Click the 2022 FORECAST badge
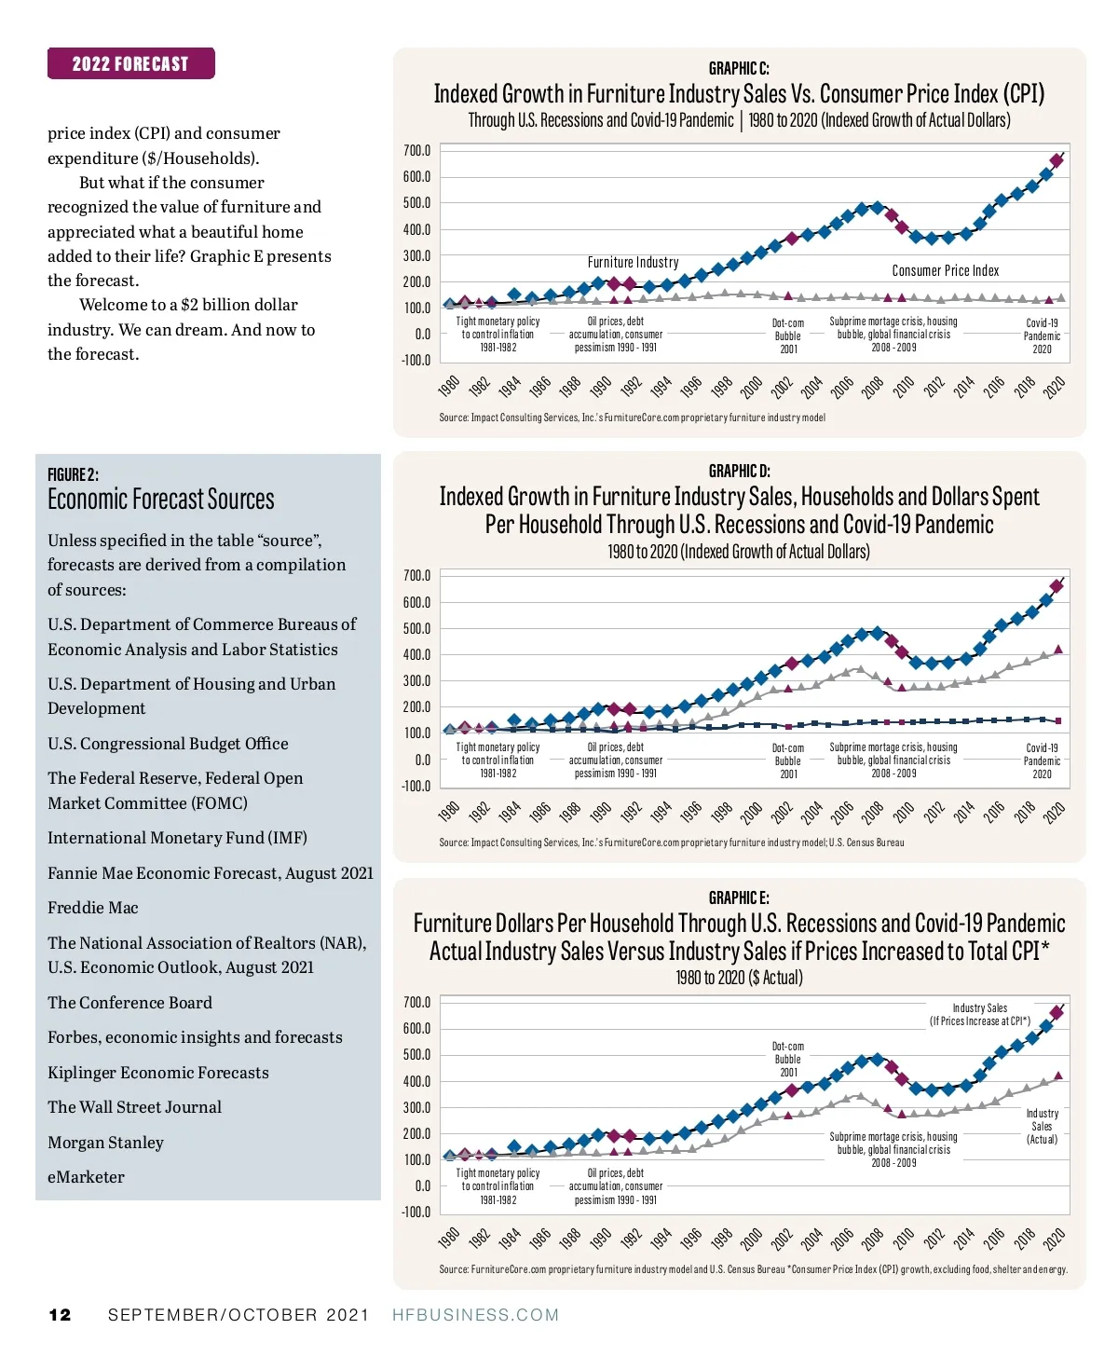(x=130, y=63)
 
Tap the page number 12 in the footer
(x=60, y=1315)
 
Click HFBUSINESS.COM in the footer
(x=475, y=1315)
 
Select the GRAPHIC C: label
(x=739, y=68)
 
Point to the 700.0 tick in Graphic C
(x=416, y=150)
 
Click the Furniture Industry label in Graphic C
(x=633, y=263)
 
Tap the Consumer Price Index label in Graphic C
(x=945, y=270)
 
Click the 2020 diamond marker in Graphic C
(x=1057, y=160)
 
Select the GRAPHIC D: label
(x=739, y=471)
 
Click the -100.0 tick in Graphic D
(x=416, y=786)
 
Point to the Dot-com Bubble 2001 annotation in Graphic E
(x=788, y=1060)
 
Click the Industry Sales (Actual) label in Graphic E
(x=1042, y=1126)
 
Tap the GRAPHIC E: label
(x=739, y=897)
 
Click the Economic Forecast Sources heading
(x=161, y=500)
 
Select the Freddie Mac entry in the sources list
(x=93, y=908)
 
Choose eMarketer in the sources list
(x=86, y=1177)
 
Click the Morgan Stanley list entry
(x=105, y=1143)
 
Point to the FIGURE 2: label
(x=73, y=474)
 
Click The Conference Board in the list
(x=130, y=1003)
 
